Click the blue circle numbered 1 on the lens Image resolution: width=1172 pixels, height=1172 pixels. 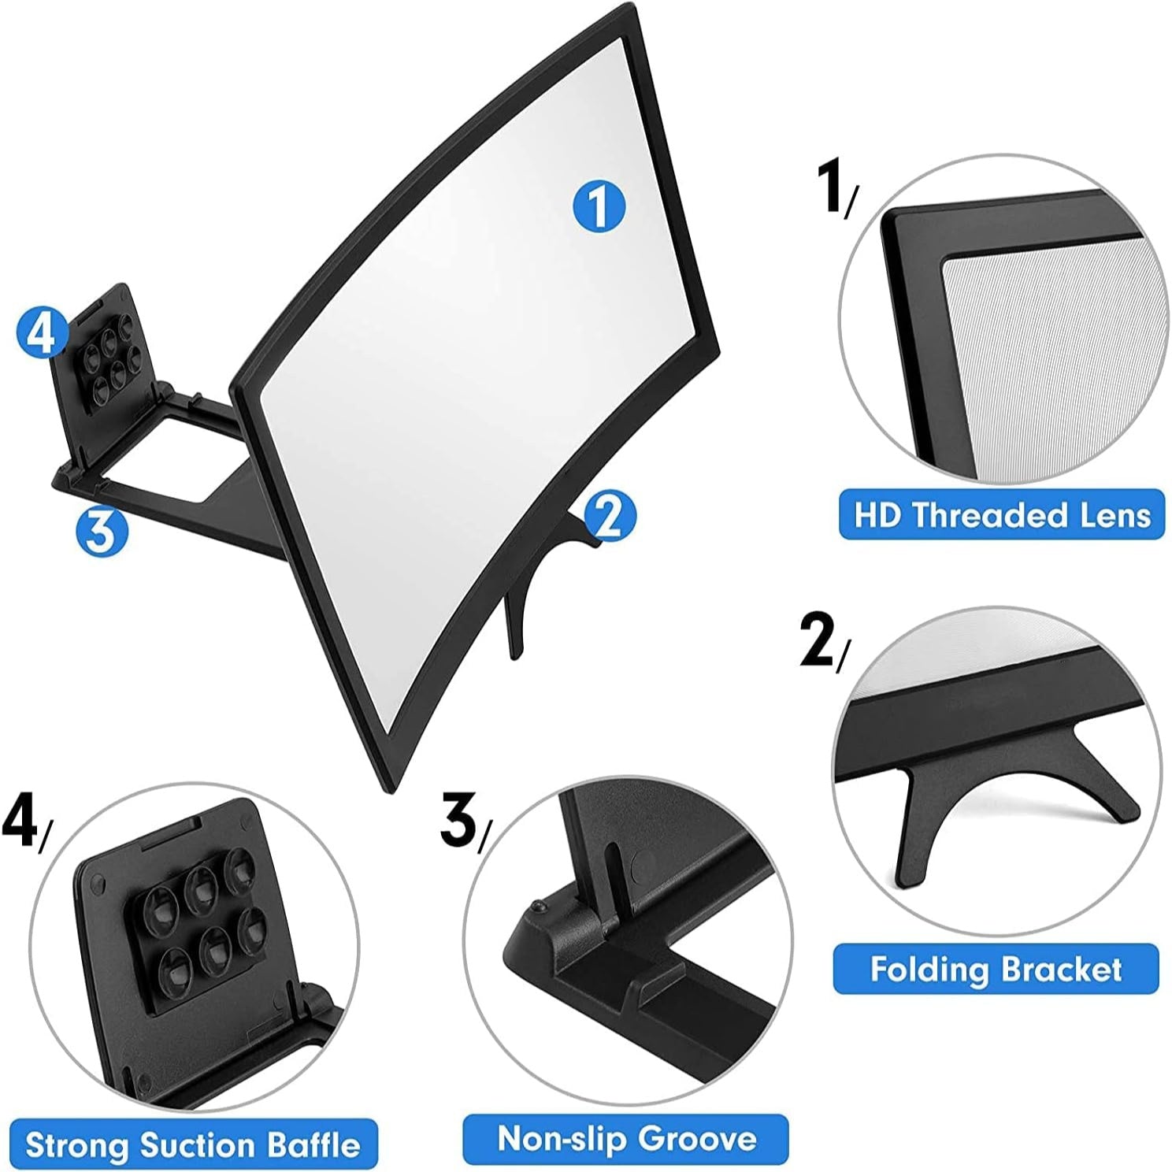click(x=599, y=206)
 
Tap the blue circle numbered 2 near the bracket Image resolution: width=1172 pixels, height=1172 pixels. click(x=609, y=515)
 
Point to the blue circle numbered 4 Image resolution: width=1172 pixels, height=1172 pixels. click(x=40, y=332)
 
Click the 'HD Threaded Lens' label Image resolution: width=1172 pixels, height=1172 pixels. click(x=1001, y=515)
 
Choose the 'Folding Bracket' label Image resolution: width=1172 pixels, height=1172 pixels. click(x=996, y=968)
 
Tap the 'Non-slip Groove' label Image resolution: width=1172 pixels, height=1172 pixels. click(x=625, y=1138)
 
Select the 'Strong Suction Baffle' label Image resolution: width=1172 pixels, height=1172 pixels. click(x=193, y=1144)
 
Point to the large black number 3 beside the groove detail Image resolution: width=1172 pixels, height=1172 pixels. click(x=458, y=820)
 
